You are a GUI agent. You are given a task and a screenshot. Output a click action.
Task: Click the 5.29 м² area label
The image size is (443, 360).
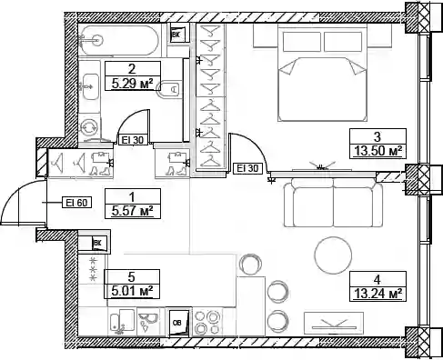(132, 84)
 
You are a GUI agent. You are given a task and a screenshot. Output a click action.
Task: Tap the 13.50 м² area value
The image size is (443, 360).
(378, 151)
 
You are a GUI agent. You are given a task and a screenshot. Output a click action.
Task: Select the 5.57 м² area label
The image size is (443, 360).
(132, 211)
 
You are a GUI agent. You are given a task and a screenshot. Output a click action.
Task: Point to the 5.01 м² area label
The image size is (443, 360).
(132, 292)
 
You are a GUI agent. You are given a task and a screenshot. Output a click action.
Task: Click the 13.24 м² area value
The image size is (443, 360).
(378, 294)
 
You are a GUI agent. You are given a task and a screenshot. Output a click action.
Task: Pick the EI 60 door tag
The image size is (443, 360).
(77, 202)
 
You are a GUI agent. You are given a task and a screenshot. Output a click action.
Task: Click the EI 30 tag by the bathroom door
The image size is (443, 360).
(133, 140)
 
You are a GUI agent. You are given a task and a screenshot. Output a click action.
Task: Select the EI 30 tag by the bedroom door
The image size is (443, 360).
(247, 168)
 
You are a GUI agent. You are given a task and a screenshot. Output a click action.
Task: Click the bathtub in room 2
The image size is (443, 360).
(118, 40)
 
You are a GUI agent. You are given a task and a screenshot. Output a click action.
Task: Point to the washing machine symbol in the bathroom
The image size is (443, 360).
(90, 127)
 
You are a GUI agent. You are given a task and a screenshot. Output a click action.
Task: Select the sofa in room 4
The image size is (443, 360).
(333, 202)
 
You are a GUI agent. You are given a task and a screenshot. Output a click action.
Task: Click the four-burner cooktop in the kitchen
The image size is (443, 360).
(207, 322)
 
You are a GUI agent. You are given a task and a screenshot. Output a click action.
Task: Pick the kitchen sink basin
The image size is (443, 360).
(123, 322)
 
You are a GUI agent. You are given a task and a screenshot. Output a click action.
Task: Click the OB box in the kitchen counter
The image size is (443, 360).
(179, 323)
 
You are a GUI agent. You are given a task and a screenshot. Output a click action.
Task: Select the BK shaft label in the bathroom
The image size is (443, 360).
(176, 35)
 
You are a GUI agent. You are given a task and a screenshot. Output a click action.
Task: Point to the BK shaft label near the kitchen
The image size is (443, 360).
(96, 243)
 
